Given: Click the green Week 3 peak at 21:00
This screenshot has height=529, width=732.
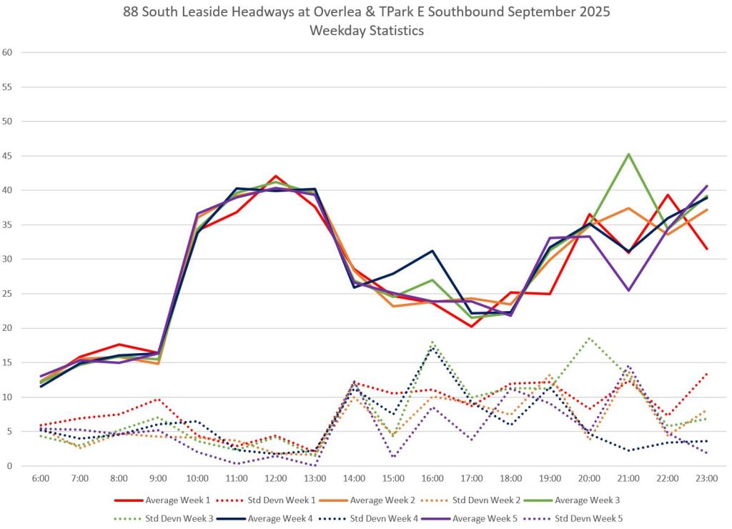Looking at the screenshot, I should pyautogui.click(x=628, y=154).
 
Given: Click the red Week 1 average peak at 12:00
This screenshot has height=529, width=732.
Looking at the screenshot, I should pyautogui.click(x=276, y=176).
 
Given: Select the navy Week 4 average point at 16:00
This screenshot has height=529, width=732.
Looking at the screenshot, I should pyautogui.click(x=432, y=251).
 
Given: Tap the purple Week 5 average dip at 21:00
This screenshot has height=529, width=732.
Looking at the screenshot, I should pyautogui.click(x=628, y=290).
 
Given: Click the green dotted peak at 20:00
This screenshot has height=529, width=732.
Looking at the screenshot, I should pyautogui.click(x=589, y=338).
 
